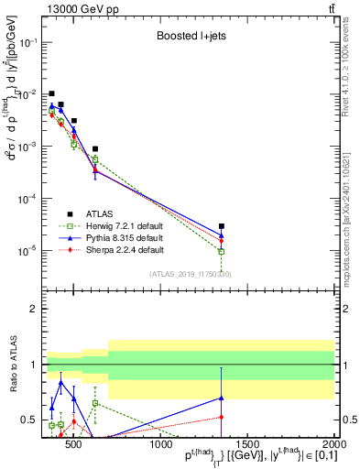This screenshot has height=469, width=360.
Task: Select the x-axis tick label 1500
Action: tap(248, 446)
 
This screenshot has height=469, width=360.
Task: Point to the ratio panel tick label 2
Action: tap(34, 309)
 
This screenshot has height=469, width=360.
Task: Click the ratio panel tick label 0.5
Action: tap(30, 421)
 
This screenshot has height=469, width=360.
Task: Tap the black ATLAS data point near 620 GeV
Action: tap(95, 148)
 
